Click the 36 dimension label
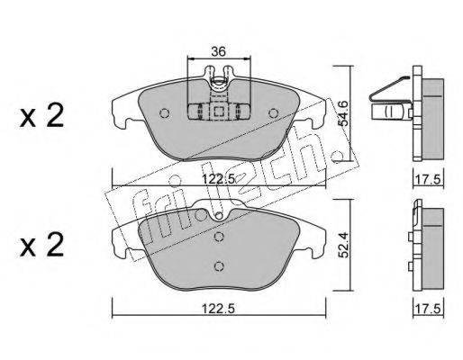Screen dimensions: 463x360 [x=218, y=51]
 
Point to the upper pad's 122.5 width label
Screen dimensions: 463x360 [x=218, y=179]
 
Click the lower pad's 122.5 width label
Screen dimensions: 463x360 [x=218, y=309]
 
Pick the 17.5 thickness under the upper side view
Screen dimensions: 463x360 [x=428, y=179]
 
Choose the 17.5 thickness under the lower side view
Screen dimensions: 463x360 [x=428, y=309]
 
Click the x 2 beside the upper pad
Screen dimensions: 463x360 [x=41, y=115]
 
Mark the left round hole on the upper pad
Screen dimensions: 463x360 [x=164, y=113]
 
